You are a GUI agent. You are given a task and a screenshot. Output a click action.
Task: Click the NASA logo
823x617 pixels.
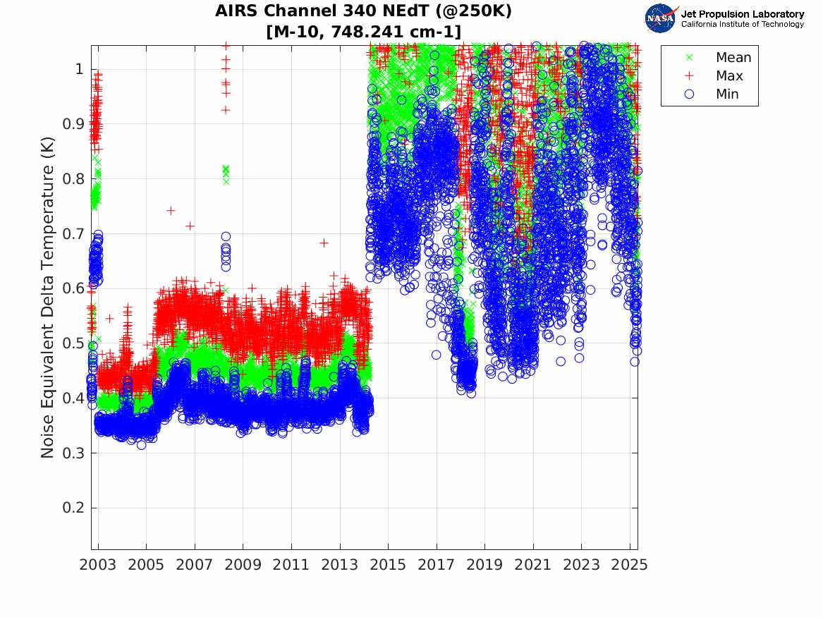pos(661,18)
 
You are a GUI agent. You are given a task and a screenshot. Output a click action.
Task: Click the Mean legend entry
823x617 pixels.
pos(733,58)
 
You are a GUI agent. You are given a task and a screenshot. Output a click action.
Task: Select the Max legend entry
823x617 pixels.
pos(728,76)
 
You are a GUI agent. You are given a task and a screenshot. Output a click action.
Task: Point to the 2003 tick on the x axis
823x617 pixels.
pos(98,565)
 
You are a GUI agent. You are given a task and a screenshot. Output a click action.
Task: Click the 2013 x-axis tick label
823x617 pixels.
pos(340,565)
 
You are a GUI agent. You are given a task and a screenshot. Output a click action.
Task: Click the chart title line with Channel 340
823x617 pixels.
pos(364,11)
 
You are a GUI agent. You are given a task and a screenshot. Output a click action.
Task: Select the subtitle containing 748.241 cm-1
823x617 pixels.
pos(364,32)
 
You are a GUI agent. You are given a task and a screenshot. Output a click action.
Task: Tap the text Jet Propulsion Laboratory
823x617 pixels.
pos(742,14)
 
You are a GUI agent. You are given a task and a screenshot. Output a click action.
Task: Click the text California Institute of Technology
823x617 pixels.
pos(742,25)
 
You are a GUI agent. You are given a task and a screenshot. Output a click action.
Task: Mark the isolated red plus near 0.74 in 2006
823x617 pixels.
pos(171,210)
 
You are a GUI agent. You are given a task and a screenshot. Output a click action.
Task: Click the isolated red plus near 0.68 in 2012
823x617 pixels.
pos(324,243)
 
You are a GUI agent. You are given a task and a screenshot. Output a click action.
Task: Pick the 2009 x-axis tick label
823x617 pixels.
pos(243,565)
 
